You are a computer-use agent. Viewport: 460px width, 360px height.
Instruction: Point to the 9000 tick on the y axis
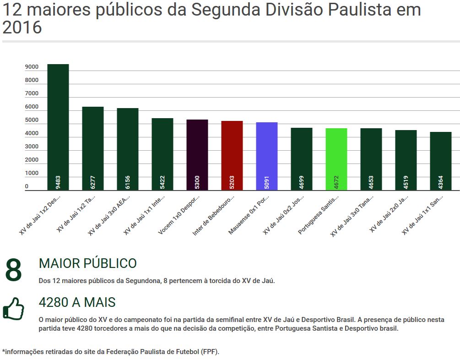point(32,67)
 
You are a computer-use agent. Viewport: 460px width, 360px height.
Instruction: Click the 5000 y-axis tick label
point(32,120)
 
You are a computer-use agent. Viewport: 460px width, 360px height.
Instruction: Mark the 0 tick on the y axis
point(27,186)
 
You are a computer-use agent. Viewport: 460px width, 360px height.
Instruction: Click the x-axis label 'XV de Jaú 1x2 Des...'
point(40,214)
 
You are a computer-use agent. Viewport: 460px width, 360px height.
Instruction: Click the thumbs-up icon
point(14,308)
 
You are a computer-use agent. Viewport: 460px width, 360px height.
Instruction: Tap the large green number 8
point(14,270)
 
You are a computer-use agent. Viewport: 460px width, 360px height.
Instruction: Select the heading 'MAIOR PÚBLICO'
point(88,263)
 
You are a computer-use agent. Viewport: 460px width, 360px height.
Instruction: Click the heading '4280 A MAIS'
point(77,303)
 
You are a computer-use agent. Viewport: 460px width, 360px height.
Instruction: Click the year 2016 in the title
point(22,28)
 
